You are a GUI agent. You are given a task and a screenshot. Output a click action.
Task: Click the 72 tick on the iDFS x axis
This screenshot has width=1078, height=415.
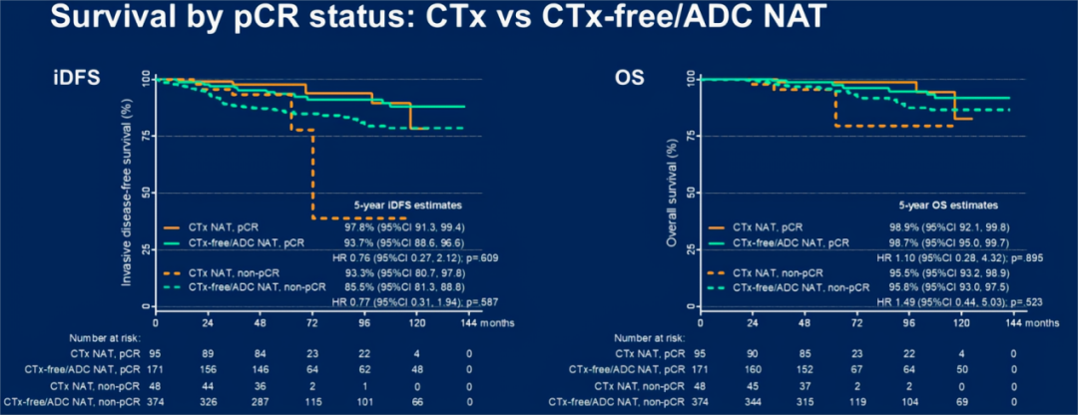(x=311, y=323)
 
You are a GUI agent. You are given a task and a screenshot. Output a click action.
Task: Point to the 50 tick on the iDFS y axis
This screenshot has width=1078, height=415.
(x=144, y=193)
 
